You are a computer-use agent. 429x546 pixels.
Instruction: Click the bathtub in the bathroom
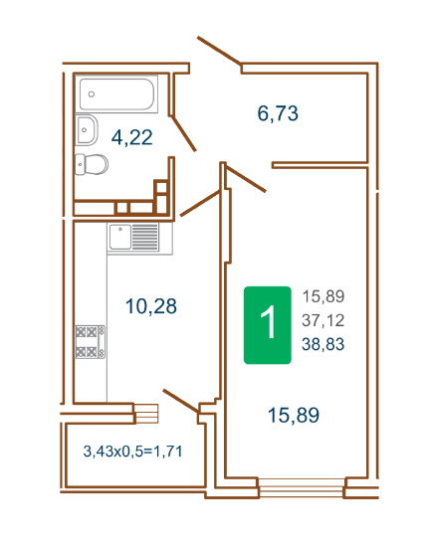click(116, 93)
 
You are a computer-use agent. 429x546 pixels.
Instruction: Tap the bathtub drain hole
click(92, 94)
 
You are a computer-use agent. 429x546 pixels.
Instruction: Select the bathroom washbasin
click(86, 130)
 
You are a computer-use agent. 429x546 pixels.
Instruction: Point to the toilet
click(92, 164)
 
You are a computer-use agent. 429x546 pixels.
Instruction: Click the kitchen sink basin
click(119, 237)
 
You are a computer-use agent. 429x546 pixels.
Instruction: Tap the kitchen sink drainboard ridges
click(145, 237)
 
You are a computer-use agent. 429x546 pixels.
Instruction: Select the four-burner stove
click(90, 341)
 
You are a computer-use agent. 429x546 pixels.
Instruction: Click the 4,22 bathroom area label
click(131, 137)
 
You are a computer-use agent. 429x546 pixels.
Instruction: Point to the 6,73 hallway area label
click(278, 113)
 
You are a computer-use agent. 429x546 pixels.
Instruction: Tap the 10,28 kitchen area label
click(151, 306)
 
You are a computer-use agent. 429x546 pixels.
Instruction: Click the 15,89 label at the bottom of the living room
click(294, 415)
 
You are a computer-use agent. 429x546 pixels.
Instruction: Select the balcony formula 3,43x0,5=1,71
click(132, 452)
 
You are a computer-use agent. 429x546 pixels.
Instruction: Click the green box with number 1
click(268, 325)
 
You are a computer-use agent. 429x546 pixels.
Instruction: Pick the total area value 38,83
click(323, 344)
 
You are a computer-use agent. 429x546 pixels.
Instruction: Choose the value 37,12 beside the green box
click(323, 320)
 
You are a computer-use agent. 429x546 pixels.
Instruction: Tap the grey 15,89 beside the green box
click(323, 296)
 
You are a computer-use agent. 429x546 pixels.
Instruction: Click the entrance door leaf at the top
click(219, 51)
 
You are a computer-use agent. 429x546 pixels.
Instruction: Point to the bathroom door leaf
click(184, 133)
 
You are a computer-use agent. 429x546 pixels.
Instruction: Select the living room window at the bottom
click(302, 487)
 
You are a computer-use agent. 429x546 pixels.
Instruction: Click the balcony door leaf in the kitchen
click(180, 401)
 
